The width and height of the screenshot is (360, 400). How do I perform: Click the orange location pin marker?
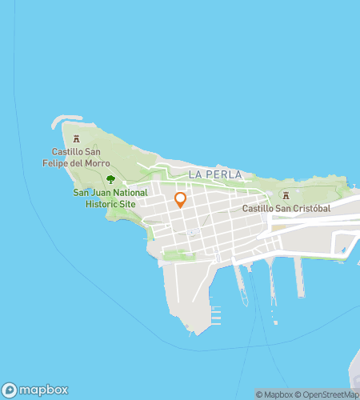[x=180, y=200]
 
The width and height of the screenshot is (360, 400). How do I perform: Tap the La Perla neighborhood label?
[x=215, y=174]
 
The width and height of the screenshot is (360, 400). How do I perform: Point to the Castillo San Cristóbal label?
[x=286, y=208]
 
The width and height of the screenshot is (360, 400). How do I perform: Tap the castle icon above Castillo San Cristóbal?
[x=286, y=195]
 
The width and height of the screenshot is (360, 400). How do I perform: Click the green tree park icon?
[x=110, y=179]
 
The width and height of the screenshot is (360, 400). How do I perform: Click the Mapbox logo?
[x=34, y=390]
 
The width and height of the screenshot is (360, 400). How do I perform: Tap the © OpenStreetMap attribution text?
[x=327, y=394]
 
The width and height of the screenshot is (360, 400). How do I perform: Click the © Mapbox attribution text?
[x=274, y=394]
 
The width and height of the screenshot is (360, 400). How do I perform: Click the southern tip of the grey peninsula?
[x=192, y=331]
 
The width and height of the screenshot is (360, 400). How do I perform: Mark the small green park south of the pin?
[x=179, y=256]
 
